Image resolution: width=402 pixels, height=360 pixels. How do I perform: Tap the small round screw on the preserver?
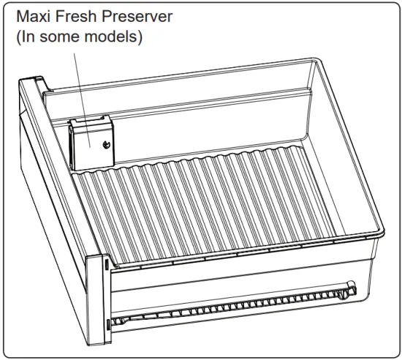tap(107, 144)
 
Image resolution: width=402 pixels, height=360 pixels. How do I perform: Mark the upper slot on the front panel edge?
tap(107, 263)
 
